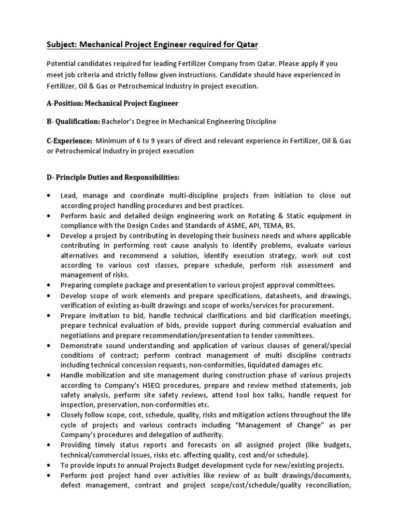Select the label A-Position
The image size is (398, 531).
point(68,103)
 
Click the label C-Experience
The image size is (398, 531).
point(69,141)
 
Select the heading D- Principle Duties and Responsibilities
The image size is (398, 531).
point(112,177)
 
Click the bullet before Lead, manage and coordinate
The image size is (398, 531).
point(49,196)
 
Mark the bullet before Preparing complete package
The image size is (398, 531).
point(49,285)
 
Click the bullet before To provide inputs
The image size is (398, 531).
point(49,465)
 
